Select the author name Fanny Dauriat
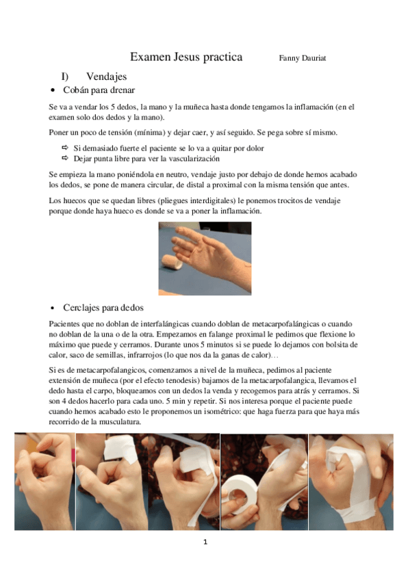(303, 58)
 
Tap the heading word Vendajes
(107, 77)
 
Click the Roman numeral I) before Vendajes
(66, 77)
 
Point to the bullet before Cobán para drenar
(53, 91)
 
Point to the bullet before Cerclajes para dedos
(53, 308)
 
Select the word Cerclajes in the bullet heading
(81, 308)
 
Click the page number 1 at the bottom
(205, 542)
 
